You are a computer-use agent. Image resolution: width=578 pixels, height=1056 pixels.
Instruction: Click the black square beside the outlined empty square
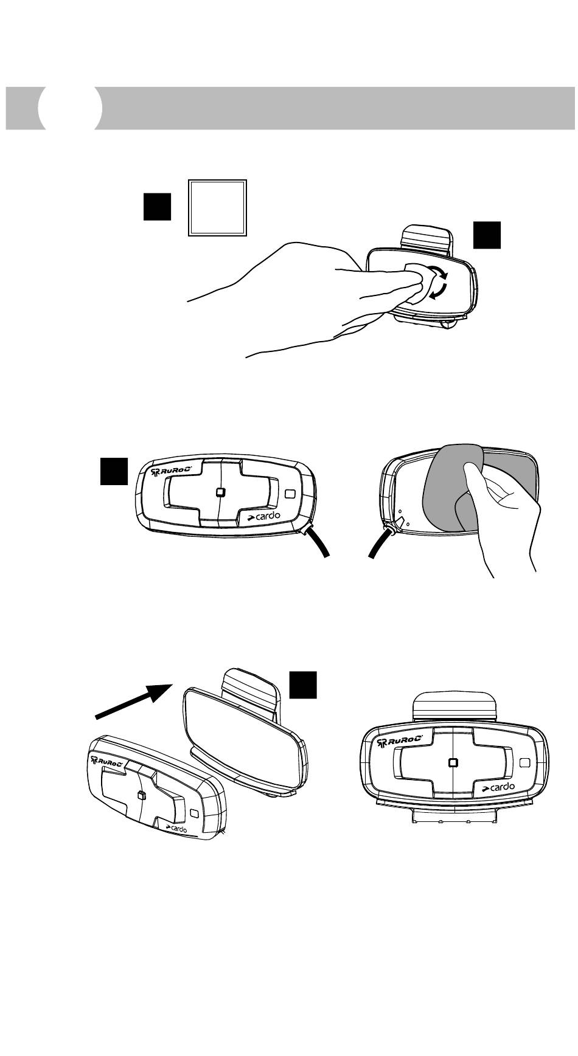pyautogui.click(x=157, y=206)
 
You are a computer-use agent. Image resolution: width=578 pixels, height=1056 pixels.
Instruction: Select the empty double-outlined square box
pyautogui.click(x=217, y=207)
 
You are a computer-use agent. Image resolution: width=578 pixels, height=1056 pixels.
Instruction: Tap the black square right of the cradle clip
pyautogui.click(x=487, y=235)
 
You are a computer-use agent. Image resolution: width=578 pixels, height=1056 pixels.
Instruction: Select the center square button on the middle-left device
pyautogui.click(x=221, y=492)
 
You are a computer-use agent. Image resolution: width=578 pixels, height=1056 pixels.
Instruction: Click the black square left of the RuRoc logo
pyautogui.click(x=114, y=471)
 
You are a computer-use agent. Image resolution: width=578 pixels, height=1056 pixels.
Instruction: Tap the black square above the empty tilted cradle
pyautogui.click(x=302, y=685)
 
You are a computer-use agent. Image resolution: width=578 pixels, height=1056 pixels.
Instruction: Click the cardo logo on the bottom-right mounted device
pyautogui.click(x=500, y=787)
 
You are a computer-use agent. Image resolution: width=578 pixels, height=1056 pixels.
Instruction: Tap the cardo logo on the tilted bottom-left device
pyautogui.click(x=177, y=827)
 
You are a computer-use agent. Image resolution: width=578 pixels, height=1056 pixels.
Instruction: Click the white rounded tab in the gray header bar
pyautogui.click(x=69, y=108)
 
